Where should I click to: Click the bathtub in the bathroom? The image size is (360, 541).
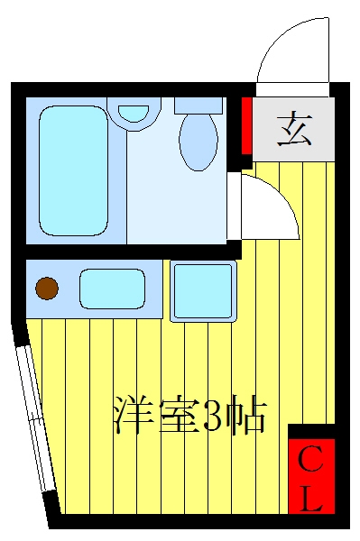(73, 170)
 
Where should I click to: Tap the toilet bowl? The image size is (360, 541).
(198, 142)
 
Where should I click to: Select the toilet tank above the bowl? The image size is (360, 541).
(198, 105)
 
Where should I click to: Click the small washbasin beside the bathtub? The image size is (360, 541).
(134, 112)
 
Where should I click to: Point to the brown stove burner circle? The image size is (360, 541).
(47, 289)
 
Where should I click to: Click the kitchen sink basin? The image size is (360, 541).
(112, 289)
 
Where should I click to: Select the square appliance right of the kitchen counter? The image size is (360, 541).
(203, 291)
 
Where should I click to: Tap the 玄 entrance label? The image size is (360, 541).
(294, 129)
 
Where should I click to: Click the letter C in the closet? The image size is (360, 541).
(310, 459)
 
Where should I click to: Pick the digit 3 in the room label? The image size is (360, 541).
(214, 415)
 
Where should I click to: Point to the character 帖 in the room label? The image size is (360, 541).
(248, 415)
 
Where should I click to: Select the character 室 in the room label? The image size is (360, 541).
(178, 415)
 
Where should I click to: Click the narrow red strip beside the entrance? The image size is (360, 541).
(246, 125)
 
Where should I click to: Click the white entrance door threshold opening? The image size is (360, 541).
(292, 89)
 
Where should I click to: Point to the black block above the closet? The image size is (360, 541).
(311, 431)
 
